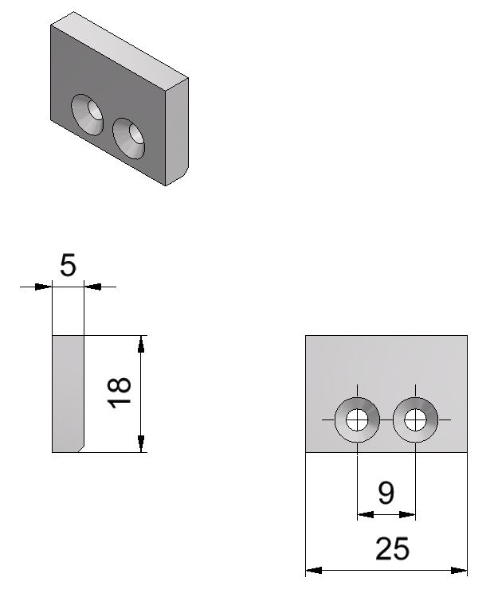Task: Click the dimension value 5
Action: (x=69, y=263)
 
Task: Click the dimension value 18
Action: (x=120, y=393)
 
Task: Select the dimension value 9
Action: (x=386, y=494)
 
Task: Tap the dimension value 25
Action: (x=392, y=549)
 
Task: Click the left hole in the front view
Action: (x=357, y=419)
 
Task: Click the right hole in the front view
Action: (x=415, y=419)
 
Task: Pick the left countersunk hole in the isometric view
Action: (x=88, y=114)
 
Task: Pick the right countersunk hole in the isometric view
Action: (x=131, y=137)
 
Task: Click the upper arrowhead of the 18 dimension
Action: (x=141, y=341)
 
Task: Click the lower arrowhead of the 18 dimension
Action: (x=141, y=446)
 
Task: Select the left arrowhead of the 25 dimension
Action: (x=312, y=570)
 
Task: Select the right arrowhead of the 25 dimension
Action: (x=461, y=570)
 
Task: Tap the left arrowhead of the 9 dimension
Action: (x=363, y=515)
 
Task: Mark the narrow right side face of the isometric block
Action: (x=176, y=131)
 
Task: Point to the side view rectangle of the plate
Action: (x=68, y=393)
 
